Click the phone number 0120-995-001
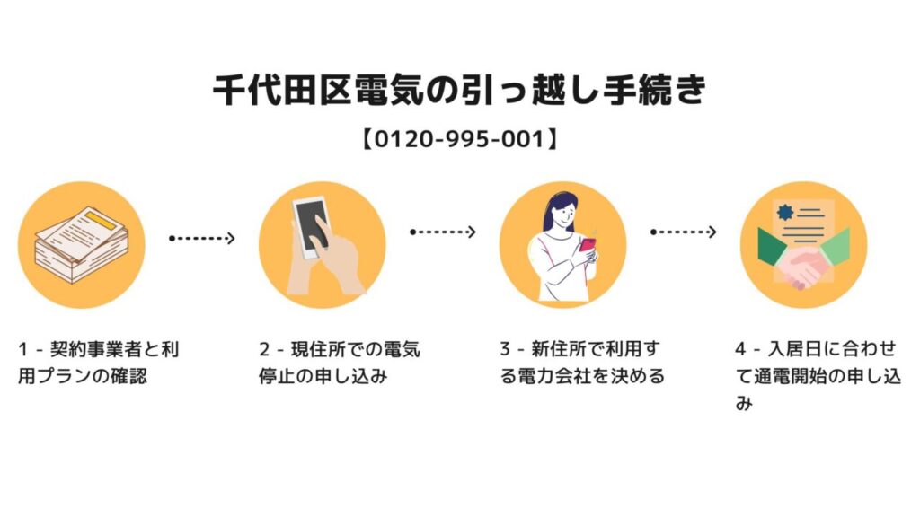[460, 140]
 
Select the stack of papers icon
[81, 245]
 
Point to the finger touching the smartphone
[316, 241]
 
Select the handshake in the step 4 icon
[802, 267]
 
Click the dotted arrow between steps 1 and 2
[202, 238]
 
